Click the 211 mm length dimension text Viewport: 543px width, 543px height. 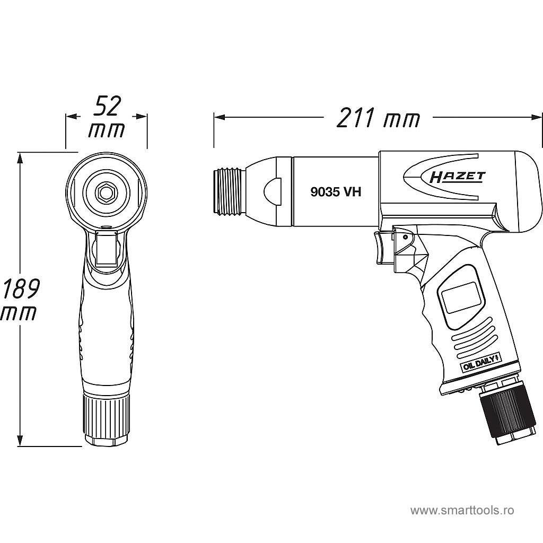pos(378,118)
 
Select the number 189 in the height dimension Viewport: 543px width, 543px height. pos(20,289)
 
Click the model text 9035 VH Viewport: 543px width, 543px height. pos(336,192)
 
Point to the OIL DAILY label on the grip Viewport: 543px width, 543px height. pos(479,364)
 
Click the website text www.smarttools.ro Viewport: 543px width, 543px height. pos(462,511)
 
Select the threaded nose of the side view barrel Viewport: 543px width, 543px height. pos(229,191)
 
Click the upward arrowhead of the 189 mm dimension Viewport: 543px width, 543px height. pos(21,157)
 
